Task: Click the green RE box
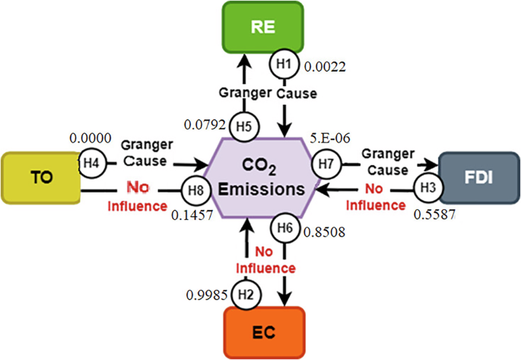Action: [x=262, y=28]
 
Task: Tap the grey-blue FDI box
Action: [x=479, y=178]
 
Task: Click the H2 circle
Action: [x=244, y=293]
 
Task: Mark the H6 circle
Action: [x=284, y=228]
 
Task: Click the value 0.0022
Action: [x=325, y=68]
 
